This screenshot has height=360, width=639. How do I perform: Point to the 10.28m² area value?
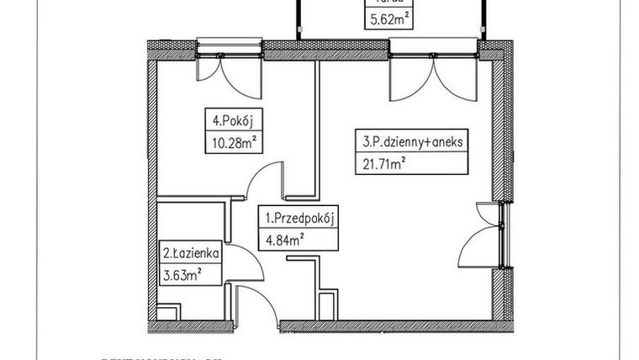click(x=230, y=142)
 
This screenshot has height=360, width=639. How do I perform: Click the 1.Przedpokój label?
click(x=301, y=220)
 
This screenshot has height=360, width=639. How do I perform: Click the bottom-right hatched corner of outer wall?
click(x=505, y=325)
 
